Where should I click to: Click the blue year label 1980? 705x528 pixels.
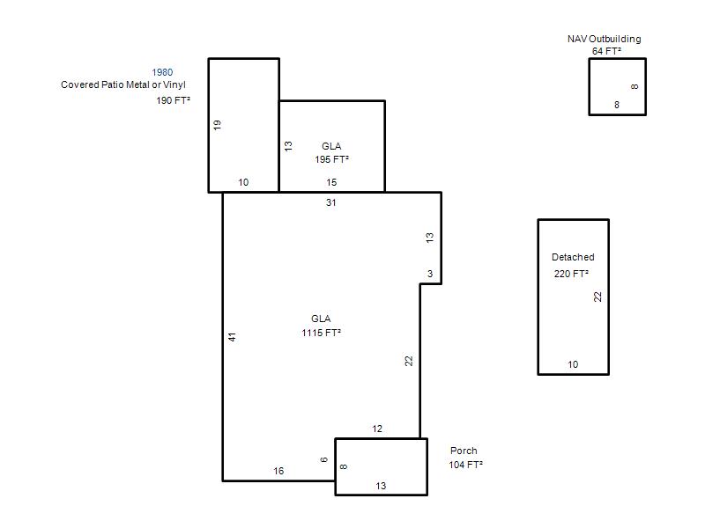162,72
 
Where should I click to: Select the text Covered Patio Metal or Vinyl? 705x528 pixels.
123,84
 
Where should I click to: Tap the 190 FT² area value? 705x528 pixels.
173,100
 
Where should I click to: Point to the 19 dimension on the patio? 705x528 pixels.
218,125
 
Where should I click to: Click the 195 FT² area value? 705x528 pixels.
332,159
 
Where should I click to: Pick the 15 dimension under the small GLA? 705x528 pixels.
331,182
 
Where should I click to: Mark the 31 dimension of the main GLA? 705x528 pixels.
331,202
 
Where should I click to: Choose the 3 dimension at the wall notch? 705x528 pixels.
430,274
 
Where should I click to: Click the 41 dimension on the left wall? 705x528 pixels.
232,337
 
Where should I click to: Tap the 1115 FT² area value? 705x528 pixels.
321,333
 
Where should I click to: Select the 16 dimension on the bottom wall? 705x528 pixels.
278,471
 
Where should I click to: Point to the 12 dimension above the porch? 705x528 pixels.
377,429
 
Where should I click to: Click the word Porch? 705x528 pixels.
464,451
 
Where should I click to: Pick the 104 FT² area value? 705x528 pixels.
466,465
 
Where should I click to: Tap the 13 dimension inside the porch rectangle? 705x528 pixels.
381,486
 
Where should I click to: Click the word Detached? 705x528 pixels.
573,257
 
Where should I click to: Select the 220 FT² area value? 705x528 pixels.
571,274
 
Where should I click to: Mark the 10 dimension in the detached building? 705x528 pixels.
573,364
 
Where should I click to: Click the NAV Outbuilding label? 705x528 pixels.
604,39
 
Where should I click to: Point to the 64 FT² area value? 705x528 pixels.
606,51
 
